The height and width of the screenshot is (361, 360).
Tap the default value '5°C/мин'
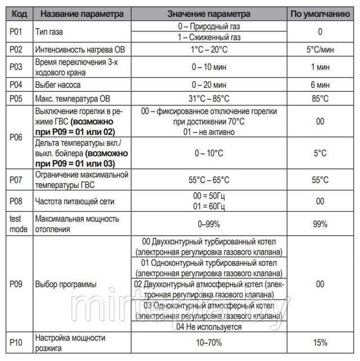(x=320, y=50)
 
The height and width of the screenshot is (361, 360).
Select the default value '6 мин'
(x=320, y=86)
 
